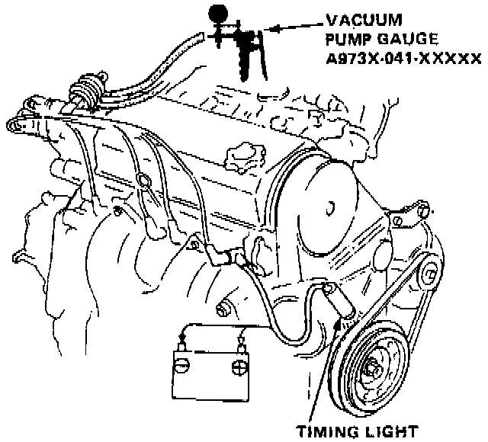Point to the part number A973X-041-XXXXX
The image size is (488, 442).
[x=402, y=58]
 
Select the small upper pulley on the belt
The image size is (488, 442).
[x=429, y=271]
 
